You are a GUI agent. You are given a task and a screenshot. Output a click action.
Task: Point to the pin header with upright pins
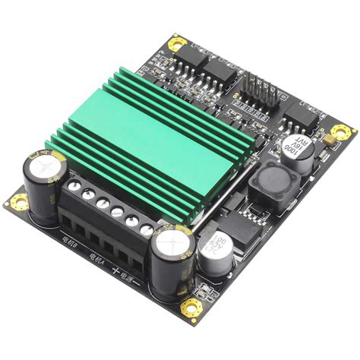pos(257,87)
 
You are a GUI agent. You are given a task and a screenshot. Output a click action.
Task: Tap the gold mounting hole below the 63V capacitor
pos(192,308)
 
